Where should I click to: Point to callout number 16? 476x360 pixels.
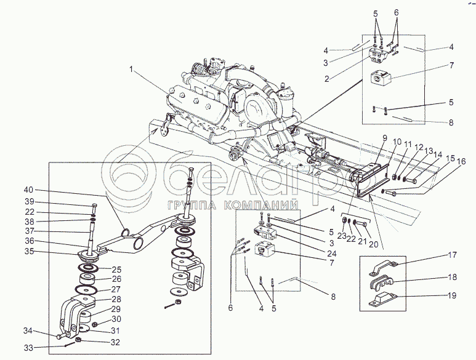461,161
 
